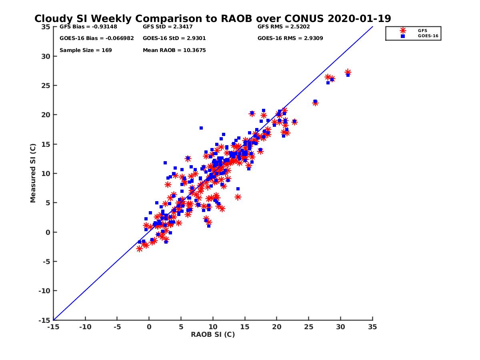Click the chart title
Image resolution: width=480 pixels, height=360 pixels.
point(212,19)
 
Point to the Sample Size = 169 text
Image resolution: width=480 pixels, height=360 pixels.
point(86,50)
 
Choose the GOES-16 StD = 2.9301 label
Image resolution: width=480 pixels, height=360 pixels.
point(174,38)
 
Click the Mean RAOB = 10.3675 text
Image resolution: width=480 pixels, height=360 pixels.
point(174,50)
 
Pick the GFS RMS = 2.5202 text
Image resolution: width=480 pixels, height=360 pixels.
point(284,27)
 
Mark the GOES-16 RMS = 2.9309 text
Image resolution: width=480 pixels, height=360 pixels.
point(290,38)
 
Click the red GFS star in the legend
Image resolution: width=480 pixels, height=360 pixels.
point(403,30)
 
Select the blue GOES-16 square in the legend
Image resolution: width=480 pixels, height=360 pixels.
point(403,36)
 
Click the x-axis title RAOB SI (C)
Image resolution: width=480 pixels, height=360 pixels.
point(213,334)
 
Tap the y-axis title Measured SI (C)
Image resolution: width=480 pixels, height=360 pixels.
point(33,173)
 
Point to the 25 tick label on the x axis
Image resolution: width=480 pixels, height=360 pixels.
point(308,327)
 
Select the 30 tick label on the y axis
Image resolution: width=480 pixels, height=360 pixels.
point(46,56)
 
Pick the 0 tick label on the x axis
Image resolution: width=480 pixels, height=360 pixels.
point(149,327)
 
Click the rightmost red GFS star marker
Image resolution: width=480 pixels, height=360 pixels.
point(348,72)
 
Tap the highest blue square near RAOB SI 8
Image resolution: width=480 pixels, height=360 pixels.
point(201,128)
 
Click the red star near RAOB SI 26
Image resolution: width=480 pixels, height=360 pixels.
point(315,103)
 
